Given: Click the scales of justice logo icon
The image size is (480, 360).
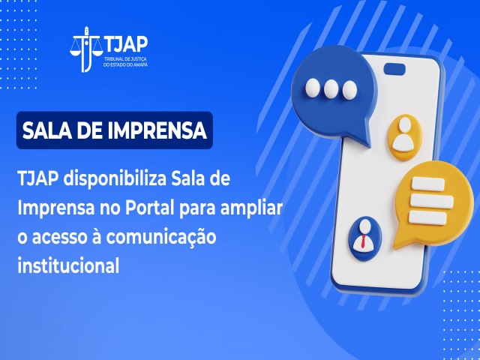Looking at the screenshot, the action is tap(86, 49).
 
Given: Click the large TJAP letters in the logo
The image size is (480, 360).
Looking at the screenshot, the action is tap(126, 44).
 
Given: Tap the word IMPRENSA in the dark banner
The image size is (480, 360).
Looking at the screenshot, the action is tap(157, 130).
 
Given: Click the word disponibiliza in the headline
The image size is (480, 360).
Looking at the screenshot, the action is tap(115, 178).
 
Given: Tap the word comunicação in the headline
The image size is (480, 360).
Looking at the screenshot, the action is tap(161, 238).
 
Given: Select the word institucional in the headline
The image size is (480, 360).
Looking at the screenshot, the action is tap(68, 265).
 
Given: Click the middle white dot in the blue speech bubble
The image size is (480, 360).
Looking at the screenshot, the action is tap(331, 88).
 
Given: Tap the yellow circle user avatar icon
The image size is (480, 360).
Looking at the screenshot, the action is tap(405, 137).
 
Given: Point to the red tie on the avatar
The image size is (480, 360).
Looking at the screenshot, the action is tap(363, 241).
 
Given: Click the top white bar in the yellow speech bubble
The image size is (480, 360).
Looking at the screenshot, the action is tap(428, 184).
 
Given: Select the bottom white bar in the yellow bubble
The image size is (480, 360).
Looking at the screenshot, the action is tap(427, 217).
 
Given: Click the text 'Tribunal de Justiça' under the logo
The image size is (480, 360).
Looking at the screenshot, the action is tap(126, 59).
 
